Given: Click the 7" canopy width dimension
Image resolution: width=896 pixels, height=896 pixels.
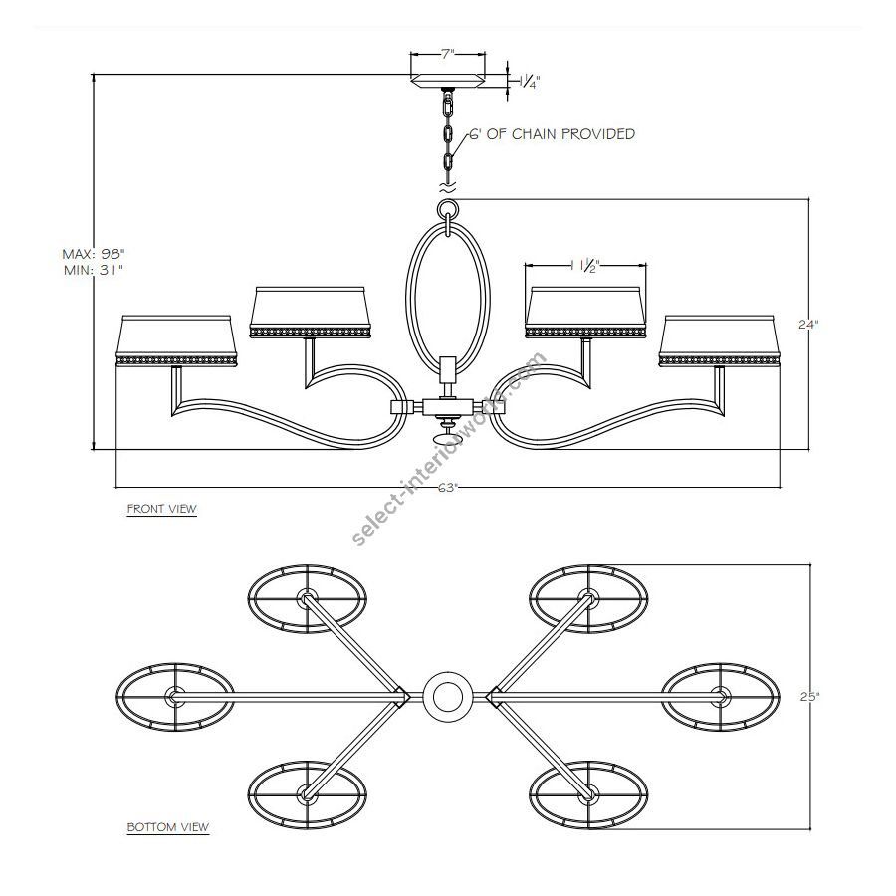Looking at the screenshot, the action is click(x=447, y=55).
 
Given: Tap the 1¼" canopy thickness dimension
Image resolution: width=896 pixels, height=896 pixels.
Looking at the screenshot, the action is click(x=529, y=82).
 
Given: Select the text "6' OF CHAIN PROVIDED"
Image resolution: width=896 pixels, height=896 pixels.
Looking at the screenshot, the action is click(x=552, y=134).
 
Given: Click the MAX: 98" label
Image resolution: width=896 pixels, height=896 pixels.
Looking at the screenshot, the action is click(x=94, y=254).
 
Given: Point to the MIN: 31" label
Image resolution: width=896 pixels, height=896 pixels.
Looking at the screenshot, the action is click(x=95, y=270).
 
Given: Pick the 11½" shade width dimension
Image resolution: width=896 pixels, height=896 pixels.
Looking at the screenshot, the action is click(x=586, y=265).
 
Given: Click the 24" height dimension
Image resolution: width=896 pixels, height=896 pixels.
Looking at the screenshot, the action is click(x=808, y=325).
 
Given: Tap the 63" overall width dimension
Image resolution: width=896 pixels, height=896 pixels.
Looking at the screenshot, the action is click(x=449, y=488).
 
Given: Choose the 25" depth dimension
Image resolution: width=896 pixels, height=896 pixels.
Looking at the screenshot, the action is click(x=809, y=697).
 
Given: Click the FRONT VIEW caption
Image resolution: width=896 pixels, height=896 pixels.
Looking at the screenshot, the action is click(x=161, y=509).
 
